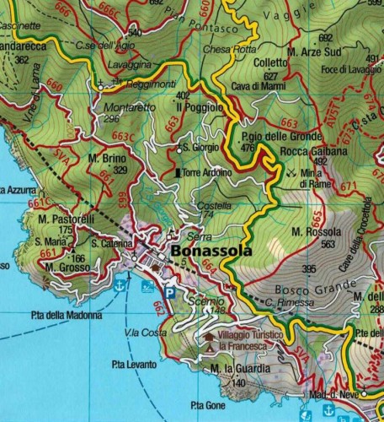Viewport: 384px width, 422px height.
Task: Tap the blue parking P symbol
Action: point(169,292)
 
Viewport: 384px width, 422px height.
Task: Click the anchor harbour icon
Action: point(120,286)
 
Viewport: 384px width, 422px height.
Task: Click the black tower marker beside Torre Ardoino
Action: point(177,172)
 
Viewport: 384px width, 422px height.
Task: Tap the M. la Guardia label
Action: point(241,369)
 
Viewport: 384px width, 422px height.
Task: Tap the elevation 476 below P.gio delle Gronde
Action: point(247,149)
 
